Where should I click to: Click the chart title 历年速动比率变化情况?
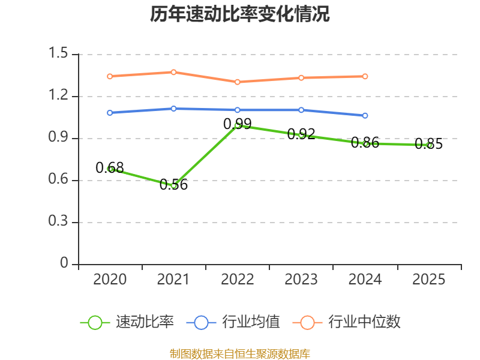(240, 14)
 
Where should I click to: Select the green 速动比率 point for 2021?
(173, 185)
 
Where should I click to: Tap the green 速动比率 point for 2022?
(238, 125)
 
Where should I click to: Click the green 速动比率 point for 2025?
(429, 145)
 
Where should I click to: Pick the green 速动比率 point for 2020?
(110, 169)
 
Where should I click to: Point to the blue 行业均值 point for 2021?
(173, 109)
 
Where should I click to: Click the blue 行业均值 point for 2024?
(365, 115)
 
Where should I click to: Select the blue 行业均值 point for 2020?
(110, 113)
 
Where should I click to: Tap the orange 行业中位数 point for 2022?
(238, 82)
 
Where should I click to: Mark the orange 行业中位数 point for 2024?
(365, 76)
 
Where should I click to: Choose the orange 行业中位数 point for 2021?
(173, 72)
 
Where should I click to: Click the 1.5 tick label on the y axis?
(60, 55)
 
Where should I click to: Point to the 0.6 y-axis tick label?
(60, 181)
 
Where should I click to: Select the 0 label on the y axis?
(65, 265)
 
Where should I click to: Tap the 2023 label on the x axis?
(301, 280)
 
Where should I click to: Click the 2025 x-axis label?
(429, 280)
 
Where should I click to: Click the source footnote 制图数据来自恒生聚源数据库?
(240, 353)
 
